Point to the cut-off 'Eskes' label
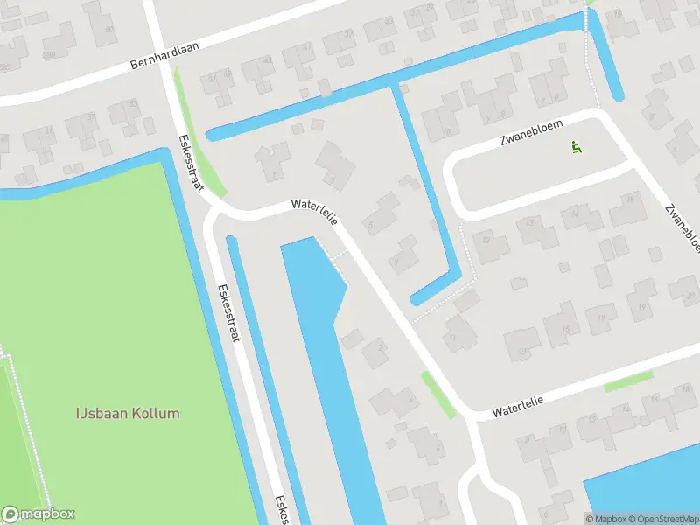point(282,510)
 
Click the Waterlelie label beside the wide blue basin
point(314,211)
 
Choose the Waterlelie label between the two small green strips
point(518,405)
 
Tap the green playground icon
point(576,146)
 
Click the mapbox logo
point(38,514)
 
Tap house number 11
point(452,338)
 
